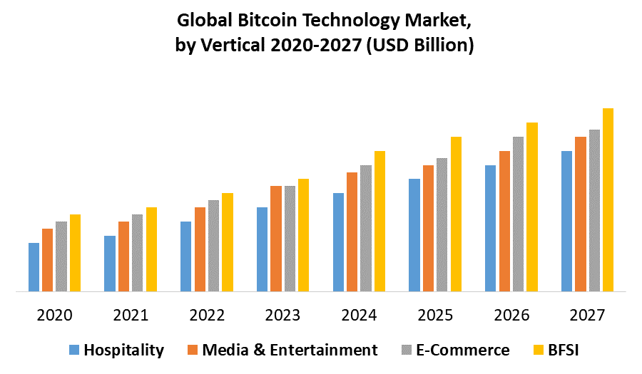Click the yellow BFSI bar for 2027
608,199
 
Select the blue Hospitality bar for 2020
34,267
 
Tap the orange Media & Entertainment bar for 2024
352,232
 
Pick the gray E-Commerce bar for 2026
518,214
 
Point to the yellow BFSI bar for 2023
303,235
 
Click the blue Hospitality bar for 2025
414,235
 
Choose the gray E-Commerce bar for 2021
137,253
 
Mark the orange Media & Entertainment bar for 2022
200,249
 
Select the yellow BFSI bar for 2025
456,214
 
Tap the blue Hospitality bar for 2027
566,221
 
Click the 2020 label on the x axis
54,315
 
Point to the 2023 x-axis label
282,315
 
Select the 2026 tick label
511,315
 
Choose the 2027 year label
587,315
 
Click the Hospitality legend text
123,350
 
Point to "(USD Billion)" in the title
421,46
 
